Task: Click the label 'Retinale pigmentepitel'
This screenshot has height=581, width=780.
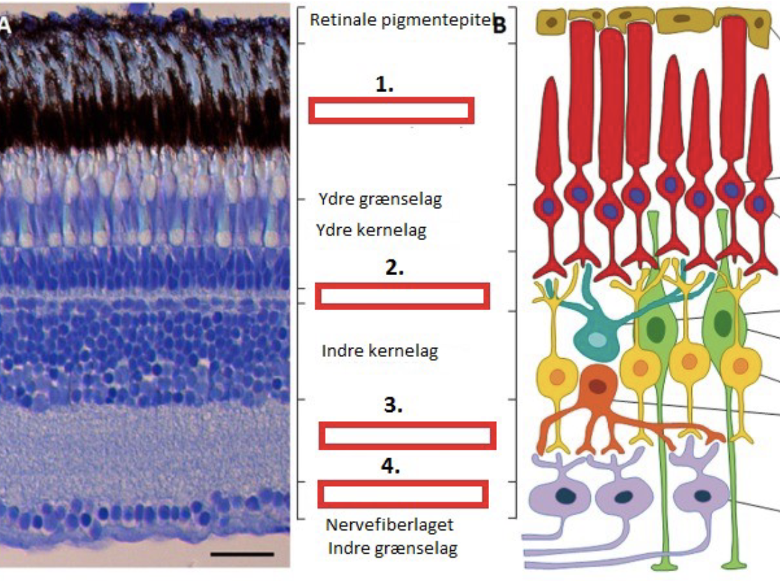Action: [x=400, y=20]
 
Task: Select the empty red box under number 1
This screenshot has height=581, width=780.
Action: [x=391, y=110]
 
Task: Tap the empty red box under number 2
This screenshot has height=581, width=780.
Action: [x=402, y=296]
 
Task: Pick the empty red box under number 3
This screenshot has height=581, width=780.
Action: [x=407, y=436]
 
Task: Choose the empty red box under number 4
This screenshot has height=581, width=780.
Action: [x=403, y=494]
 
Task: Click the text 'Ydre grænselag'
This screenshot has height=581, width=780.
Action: [x=380, y=200]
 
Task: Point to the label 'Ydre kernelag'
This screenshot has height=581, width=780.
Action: [x=371, y=230]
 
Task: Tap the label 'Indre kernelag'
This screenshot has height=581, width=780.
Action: [x=380, y=351]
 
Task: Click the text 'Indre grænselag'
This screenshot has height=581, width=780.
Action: [x=393, y=548]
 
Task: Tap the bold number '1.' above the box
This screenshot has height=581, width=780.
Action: [x=384, y=85]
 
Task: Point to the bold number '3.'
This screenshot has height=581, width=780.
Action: [x=393, y=406]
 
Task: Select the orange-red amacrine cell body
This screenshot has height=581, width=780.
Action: [x=599, y=386]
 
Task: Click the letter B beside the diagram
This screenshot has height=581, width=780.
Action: [x=500, y=25]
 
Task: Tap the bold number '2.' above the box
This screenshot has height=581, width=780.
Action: [x=394, y=267]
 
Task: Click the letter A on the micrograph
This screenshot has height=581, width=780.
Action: [x=5, y=27]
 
